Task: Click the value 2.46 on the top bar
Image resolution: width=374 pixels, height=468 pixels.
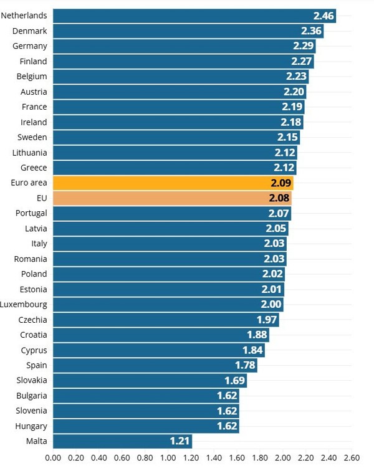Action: tap(324, 16)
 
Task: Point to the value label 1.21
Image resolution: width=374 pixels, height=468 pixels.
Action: tap(180, 441)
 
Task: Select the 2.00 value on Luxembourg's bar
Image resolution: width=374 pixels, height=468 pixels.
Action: tap(271, 305)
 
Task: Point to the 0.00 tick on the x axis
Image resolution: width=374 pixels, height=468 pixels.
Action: tap(53, 458)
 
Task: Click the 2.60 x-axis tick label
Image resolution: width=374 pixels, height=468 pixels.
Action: tap(352, 458)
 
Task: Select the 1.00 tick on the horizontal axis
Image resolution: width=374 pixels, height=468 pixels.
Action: tap(168, 458)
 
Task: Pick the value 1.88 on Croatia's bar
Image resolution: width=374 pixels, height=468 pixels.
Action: tap(257, 335)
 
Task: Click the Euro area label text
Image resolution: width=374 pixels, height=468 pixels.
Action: tap(25, 183)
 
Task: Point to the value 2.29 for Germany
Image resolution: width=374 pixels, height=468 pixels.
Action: tap(304, 46)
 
